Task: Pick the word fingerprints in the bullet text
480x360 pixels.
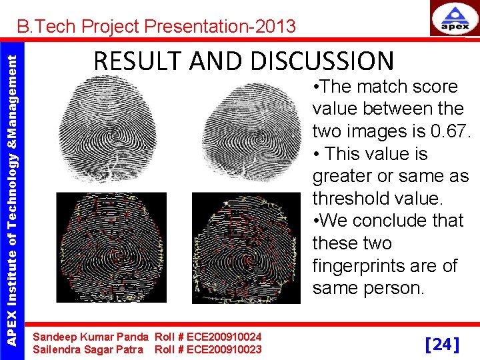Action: [385, 265]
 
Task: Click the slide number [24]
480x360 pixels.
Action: [441, 344]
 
